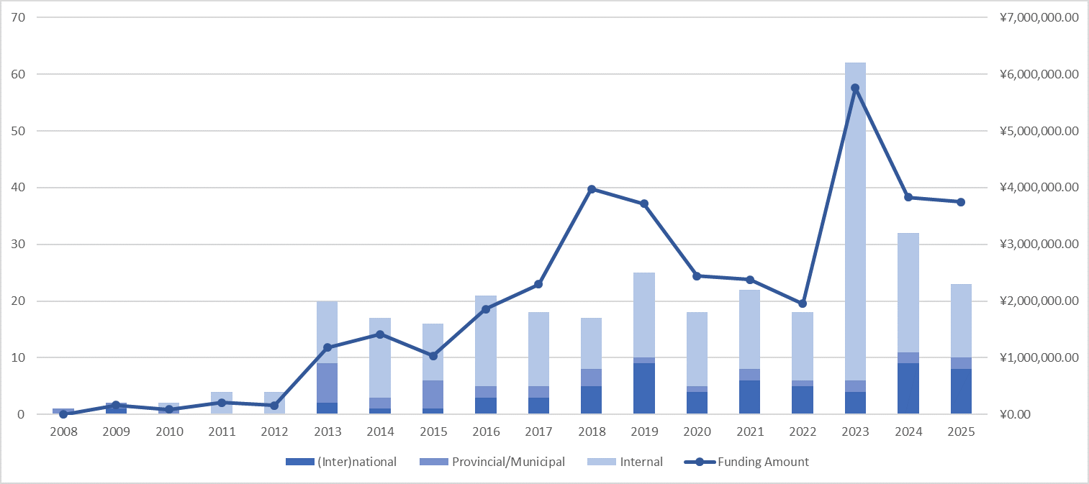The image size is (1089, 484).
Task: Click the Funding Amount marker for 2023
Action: [x=855, y=88]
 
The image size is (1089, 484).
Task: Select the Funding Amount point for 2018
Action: [x=592, y=189]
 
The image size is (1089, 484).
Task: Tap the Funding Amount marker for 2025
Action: [x=961, y=202]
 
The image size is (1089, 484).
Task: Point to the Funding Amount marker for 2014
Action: [x=380, y=334]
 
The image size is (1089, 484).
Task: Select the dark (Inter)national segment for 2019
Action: [x=644, y=388]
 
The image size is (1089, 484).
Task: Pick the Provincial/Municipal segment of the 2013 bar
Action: [x=327, y=383]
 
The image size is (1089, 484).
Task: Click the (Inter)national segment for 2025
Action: [x=961, y=391]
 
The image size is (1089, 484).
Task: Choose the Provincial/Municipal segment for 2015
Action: [x=433, y=394]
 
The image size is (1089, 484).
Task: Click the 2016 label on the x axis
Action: [x=486, y=432]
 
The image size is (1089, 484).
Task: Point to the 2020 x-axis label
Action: [x=697, y=432]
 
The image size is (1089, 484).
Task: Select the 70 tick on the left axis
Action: [x=18, y=17]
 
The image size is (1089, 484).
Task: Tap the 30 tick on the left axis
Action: [x=18, y=245]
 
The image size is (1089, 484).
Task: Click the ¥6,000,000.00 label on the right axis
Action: [x=1039, y=74]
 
